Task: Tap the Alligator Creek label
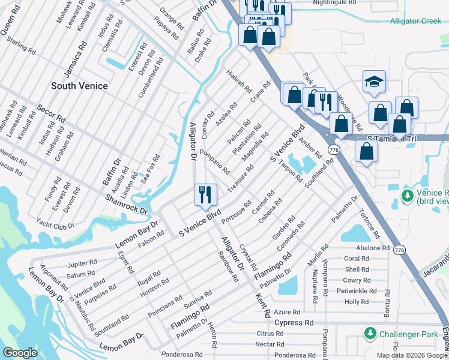tap(415, 21)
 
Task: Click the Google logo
tap(20, 353)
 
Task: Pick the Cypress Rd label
tap(294, 323)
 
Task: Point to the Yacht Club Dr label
tap(55, 226)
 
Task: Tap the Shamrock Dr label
tap(126, 205)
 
